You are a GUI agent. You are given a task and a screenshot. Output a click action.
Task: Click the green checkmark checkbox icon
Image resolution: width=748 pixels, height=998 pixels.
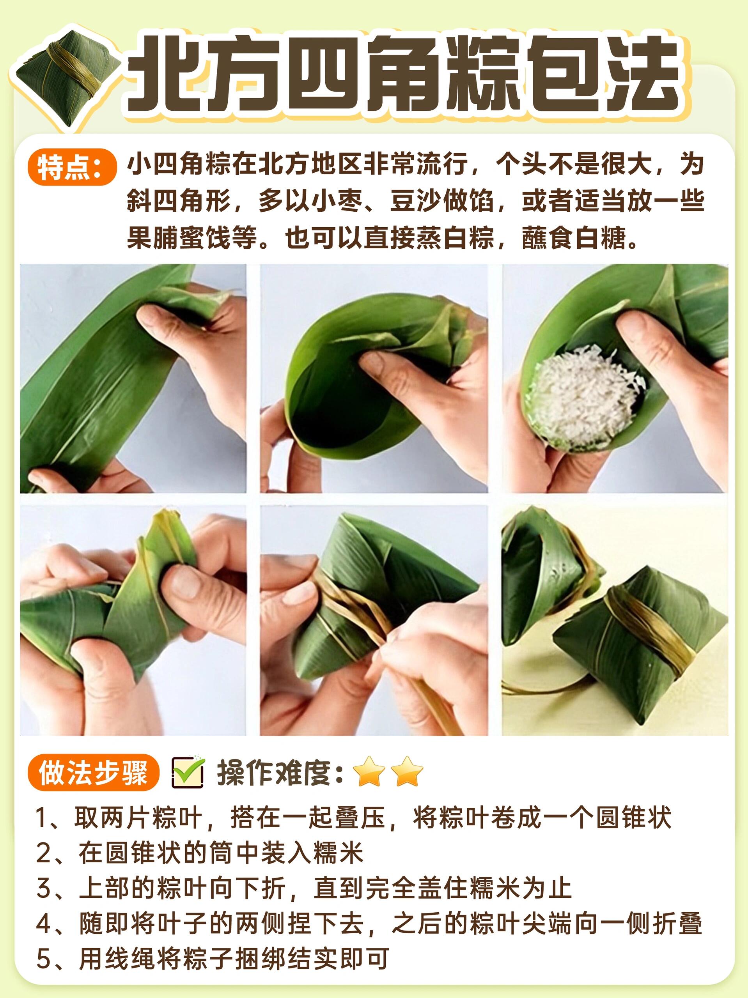pos(188,772)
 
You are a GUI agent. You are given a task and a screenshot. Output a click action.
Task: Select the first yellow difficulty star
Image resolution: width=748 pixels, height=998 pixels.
pos(369,772)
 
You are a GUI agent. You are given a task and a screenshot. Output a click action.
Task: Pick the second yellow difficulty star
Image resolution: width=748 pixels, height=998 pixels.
pos(407,772)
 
